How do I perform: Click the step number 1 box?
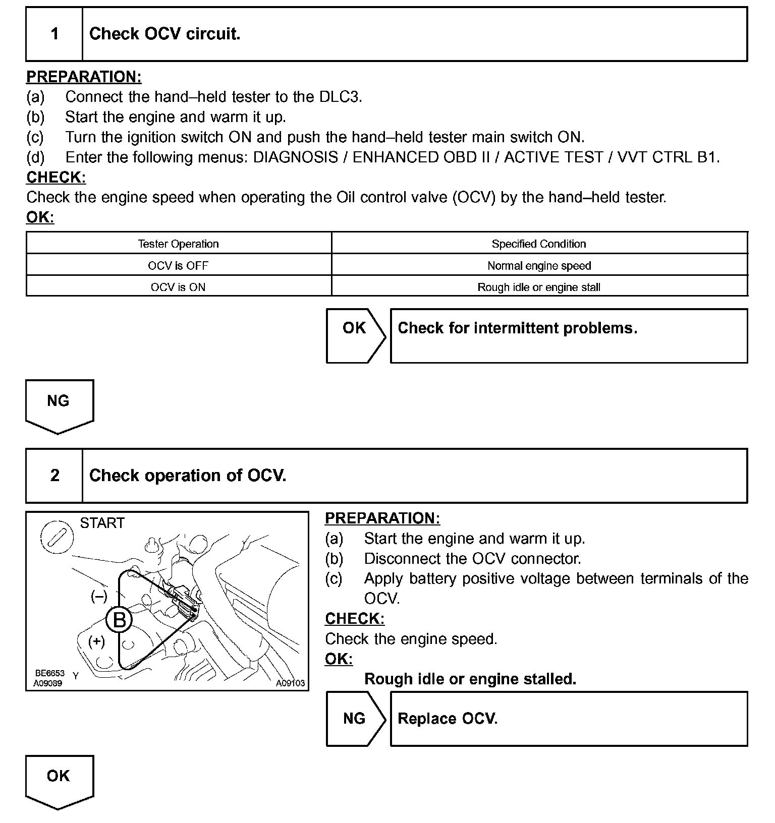click(54, 34)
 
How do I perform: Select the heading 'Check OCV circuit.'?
click(164, 34)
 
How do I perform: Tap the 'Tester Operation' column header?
click(179, 244)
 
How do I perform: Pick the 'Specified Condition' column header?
click(539, 244)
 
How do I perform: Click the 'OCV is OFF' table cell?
click(178, 266)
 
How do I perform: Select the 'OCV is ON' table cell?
click(178, 287)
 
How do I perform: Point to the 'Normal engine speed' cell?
click(539, 266)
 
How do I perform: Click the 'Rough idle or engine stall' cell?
click(539, 287)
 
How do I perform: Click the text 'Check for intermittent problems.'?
click(518, 328)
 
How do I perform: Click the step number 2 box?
click(54, 476)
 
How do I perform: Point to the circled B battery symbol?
click(120, 619)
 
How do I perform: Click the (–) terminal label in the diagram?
click(99, 597)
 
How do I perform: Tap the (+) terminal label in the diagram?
click(96, 641)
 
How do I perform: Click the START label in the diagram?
click(102, 523)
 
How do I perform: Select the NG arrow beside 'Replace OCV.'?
click(354, 719)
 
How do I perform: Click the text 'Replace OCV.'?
click(448, 719)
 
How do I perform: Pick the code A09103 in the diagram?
click(290, 683)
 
